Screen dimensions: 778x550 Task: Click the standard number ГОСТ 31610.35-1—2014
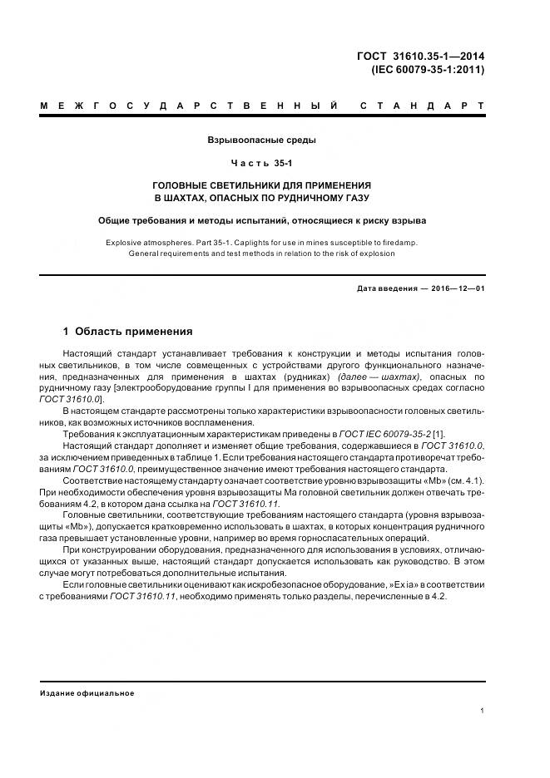(419, 57)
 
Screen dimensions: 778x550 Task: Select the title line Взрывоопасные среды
(261, 140)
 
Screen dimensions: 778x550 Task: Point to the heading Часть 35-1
(261, 163)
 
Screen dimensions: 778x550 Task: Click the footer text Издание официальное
(87, 692)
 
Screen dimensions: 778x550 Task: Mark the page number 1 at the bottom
(483, 711)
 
